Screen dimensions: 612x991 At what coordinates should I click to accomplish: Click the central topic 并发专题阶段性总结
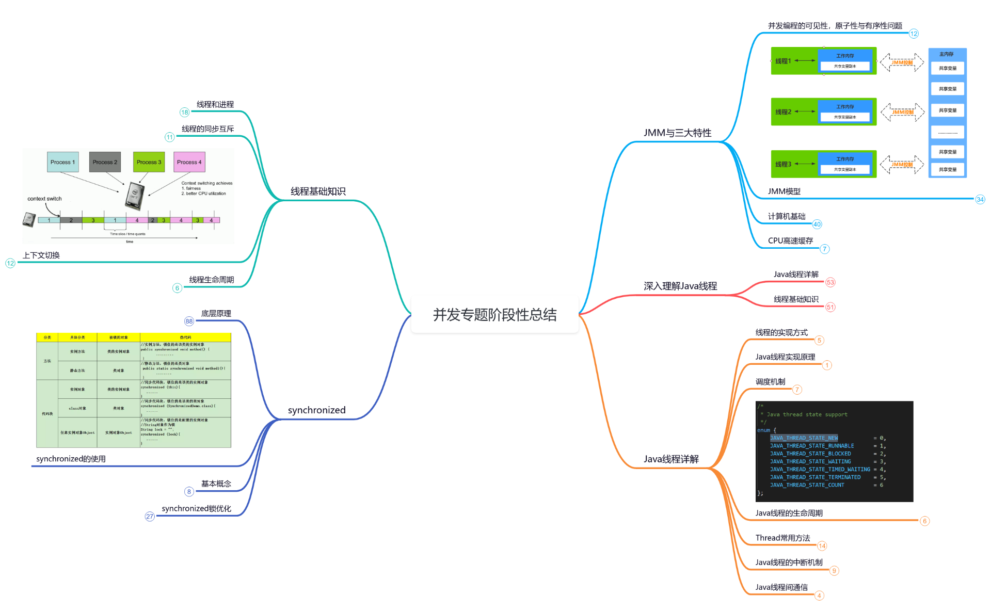494,315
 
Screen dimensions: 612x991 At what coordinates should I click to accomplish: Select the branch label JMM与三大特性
677,133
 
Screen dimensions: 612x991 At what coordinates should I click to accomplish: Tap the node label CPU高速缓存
790,241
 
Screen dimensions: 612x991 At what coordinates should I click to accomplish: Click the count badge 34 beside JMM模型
980,200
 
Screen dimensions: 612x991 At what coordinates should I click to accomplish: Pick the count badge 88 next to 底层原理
189,321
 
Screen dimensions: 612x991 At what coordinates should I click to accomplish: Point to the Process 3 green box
149,162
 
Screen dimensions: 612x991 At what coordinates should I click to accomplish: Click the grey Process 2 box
105,162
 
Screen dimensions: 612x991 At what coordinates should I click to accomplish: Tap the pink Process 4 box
189,162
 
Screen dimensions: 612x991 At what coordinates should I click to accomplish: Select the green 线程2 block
783,112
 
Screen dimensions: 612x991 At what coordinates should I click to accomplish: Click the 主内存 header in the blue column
946,54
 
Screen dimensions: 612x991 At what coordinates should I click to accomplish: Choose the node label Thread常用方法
782,538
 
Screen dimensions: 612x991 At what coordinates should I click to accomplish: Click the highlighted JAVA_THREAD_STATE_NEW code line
804,438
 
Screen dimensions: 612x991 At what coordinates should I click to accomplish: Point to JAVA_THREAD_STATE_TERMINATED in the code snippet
815,477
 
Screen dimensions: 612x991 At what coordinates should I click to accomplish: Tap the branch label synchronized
316,410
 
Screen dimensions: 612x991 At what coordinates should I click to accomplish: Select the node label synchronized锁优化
196,509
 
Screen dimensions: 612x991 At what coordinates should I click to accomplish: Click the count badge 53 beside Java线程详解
830,282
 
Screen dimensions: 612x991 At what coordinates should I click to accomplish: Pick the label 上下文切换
41,255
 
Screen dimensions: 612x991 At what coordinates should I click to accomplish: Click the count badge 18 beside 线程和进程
184,112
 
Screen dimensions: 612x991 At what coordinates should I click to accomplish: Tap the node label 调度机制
770,382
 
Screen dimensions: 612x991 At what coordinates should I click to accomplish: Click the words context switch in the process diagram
44,199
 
